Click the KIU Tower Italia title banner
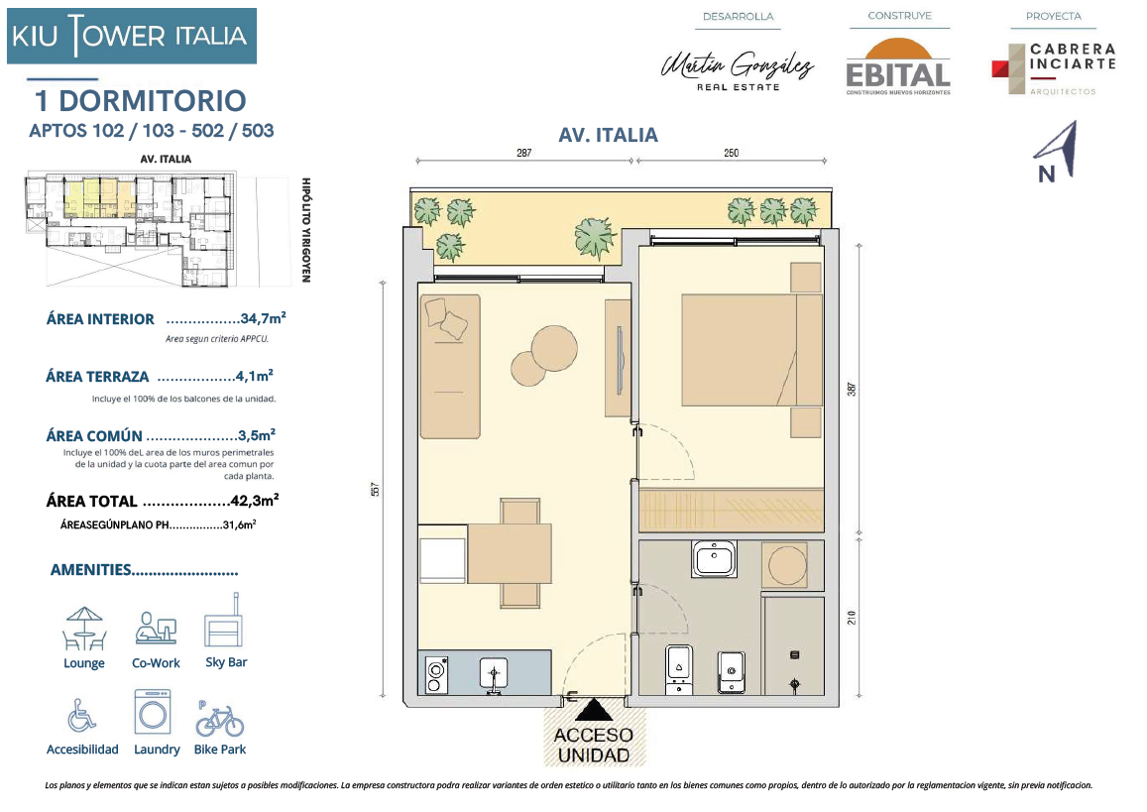pos(132,36)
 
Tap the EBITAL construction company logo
pos(898,67)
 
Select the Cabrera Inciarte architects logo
pos(1054,68)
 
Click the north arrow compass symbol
pos(1055,152)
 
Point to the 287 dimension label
pos(523,153)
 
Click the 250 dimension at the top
pos(731,153)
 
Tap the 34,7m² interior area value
pos(263,318)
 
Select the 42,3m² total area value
pos(254,501)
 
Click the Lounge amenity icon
pos(84,629)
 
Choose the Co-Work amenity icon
pos(156,628)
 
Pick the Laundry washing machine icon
pos(153,712)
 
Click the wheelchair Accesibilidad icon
pos(81,715)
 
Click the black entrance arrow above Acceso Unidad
pos(593,710)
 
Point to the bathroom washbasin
pos(715,559)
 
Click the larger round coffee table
pos(554,348)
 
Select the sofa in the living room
pos(450,367)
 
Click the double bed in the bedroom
pos(751,350)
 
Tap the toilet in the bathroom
pos(679,669)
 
